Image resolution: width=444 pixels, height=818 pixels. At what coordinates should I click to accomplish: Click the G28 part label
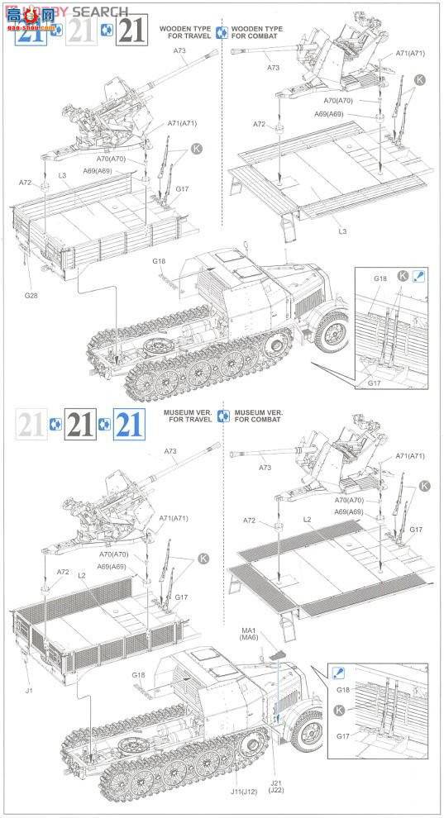pos(30,295)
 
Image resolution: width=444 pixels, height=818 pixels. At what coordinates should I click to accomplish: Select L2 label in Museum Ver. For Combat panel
pos(307,520)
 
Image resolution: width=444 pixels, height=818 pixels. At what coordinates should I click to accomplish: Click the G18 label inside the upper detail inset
pos(380,279)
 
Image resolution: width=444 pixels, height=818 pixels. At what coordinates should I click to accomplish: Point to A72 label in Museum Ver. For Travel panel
pos(63,572)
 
